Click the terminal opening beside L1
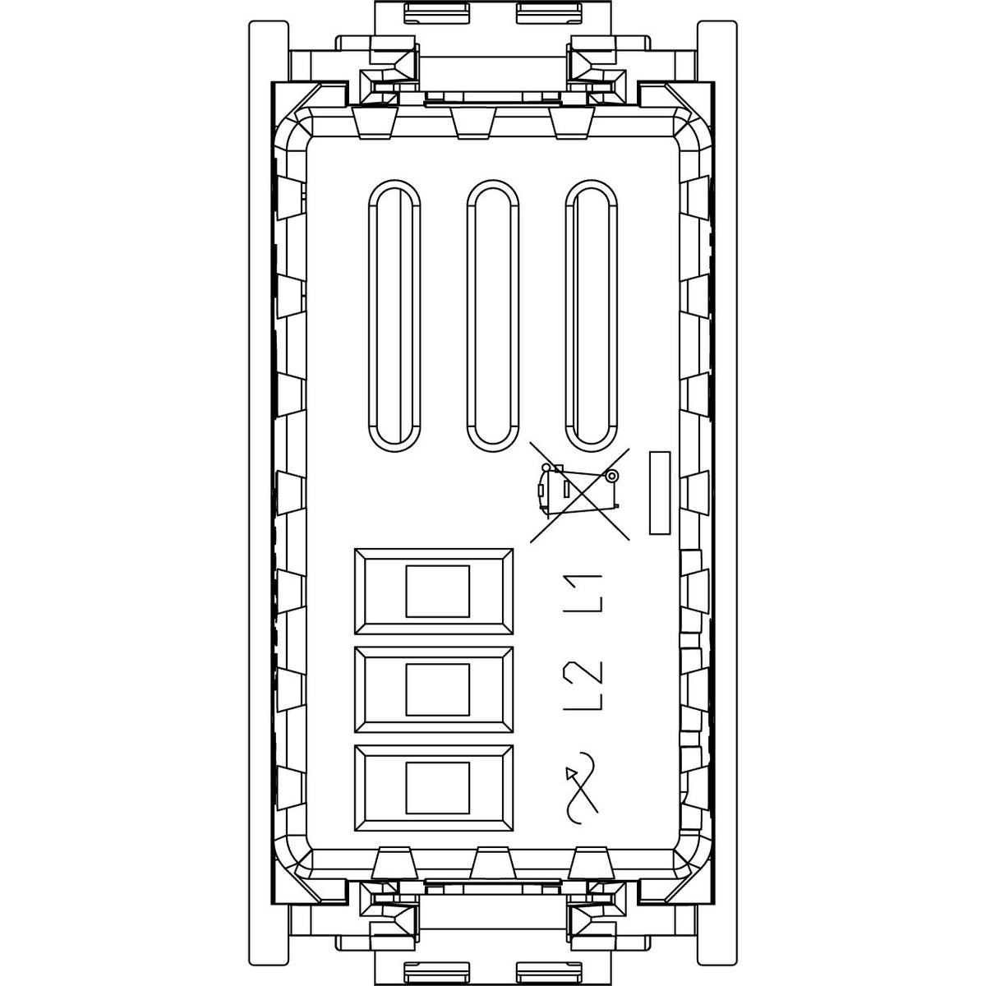tap(433, 592)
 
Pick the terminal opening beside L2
tap(433, 689)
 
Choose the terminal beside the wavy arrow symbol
tap(433, 788)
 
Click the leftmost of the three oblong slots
tap(394, 316)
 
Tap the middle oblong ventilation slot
tap(492, 316)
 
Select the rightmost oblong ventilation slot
tap(591, 316)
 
